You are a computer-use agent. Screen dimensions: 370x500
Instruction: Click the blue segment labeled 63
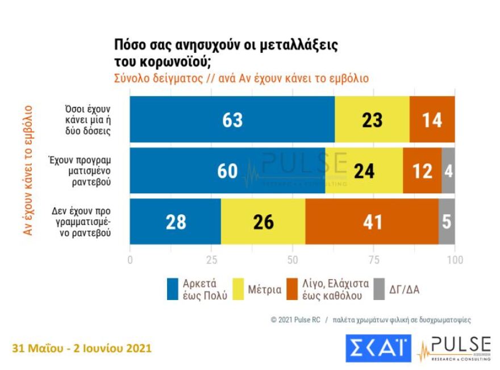232,120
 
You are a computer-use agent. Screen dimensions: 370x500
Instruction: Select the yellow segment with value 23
372,120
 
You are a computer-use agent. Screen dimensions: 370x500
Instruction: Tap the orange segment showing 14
432,120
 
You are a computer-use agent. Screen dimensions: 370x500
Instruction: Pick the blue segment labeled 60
227,171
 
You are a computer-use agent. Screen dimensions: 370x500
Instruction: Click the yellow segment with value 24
364,171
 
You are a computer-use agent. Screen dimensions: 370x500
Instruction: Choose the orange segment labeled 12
422,171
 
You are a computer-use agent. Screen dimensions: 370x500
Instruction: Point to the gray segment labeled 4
448,171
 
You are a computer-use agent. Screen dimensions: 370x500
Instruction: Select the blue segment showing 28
176,222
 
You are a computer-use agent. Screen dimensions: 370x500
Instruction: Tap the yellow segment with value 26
263,222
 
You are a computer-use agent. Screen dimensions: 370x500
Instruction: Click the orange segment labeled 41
372,222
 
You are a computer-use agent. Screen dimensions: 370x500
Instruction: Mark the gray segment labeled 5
447,222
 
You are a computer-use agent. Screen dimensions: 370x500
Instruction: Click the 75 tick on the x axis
373,260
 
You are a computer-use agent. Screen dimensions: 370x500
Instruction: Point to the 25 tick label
211,260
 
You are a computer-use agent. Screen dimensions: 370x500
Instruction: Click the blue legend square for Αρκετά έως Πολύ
173,289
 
